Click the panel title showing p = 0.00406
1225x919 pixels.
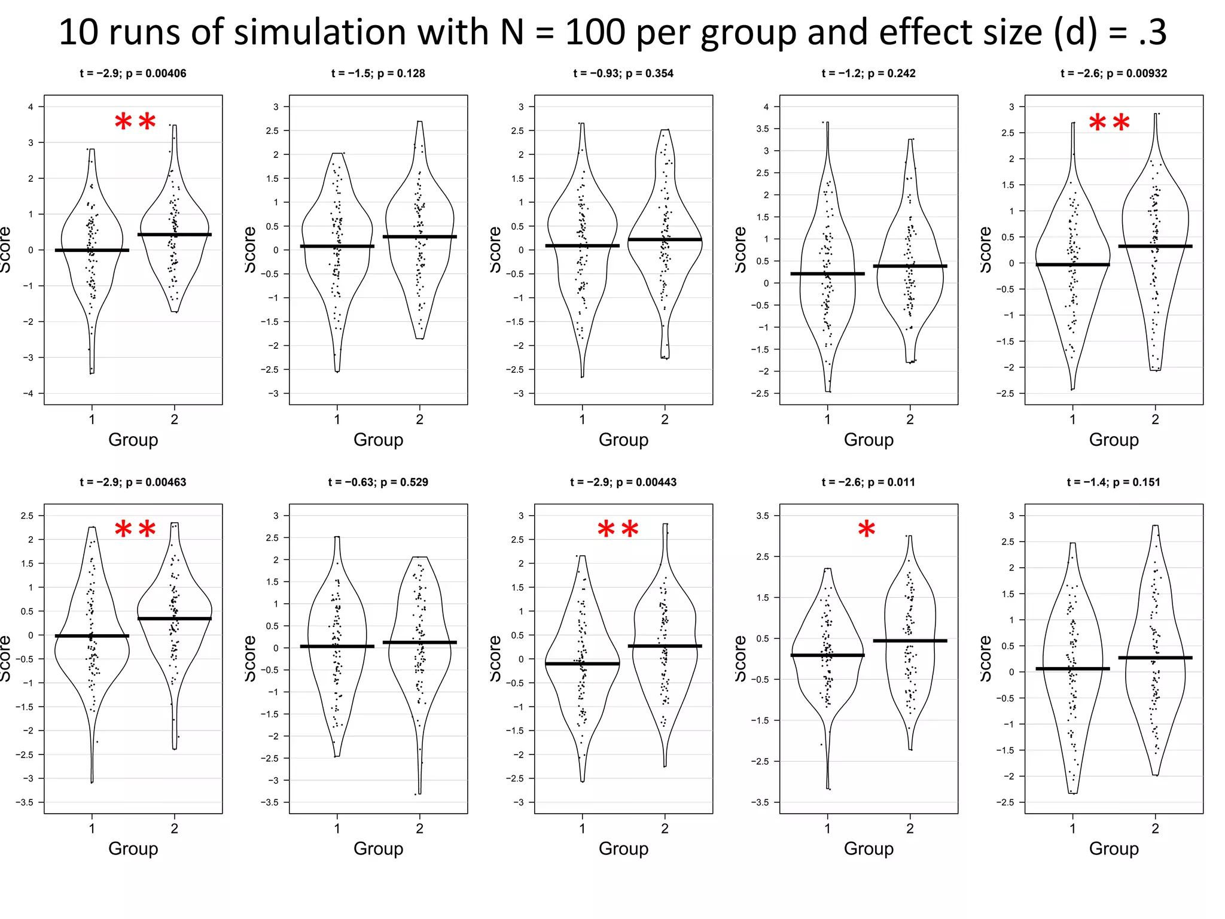pyautogui.click(x=133, y=74)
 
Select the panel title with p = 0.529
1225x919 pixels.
pyautogui.click(x=378, y=482)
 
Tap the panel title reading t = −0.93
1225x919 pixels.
pyautogui.click(x=623, y=74)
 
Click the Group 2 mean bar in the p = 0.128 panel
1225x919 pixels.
pyautogui.click(x=419, y=237)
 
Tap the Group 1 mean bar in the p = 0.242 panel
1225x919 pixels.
pyautogui.click(x=827, y=273)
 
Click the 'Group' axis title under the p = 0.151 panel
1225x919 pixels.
pyautogui.click(x=1113, y=848)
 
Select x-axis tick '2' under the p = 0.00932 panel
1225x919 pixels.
pyautogui.click(x=1155, y=419)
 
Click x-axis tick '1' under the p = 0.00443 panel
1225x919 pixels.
pyautogui.click(x=582, y=828)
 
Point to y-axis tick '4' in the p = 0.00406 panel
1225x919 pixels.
pyautogui.click(x=31, y=107)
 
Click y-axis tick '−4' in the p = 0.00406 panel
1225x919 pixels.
pyautogui.click(x=29, y=393)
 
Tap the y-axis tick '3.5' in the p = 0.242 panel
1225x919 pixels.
pyautogui.click(x=763, y=129)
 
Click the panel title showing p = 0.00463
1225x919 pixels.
pyautogui.click(x=133, y=482)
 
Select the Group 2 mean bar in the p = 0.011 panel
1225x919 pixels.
pyautogui.click(x=910, y=641)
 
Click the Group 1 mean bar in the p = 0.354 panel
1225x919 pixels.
pyautogui.click(x=582, y=246)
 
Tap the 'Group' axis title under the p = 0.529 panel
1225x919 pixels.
pyautogui.click(x=378, y=848)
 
